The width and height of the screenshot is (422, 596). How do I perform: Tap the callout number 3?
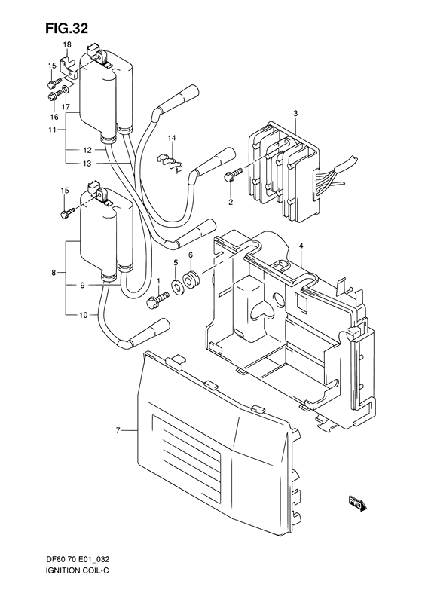[x=296, y=114]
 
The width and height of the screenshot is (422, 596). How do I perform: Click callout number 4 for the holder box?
[x=300, y=246]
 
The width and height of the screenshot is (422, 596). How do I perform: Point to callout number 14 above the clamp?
[x=172, y=138]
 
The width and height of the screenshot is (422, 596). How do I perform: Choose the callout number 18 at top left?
[x=66, y=45]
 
